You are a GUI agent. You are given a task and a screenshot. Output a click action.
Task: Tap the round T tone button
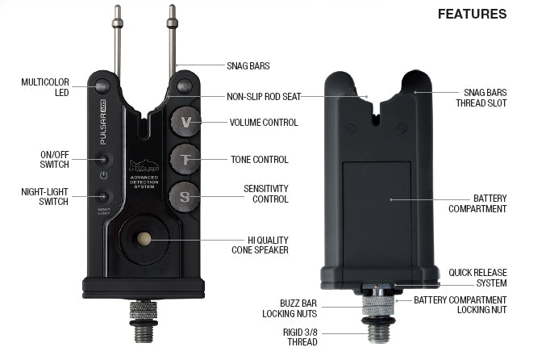tap(185, 159)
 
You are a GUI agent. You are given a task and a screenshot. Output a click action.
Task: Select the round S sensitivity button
tap(185, 195)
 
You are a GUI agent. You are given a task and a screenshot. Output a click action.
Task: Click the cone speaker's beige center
tap(144, 239)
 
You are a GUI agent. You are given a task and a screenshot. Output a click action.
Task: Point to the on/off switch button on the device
tap(103, 160)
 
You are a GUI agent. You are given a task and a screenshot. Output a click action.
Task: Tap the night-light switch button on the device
tap(103, 195)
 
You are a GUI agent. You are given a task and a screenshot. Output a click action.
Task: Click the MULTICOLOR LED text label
tap(45, 87)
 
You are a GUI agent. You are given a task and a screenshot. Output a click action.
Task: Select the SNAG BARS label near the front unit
tap(248, 66)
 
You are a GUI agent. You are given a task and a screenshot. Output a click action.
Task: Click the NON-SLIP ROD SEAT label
tap(264, 96)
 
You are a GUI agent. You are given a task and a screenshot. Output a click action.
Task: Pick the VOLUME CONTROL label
tap(264, 123)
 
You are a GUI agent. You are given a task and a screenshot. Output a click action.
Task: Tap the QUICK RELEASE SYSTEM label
tap(477, 278)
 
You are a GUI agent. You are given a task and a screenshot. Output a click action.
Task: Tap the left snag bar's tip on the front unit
tap(118, 11)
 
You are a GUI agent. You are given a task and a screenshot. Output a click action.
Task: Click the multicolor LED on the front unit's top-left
tap(102, 86)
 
